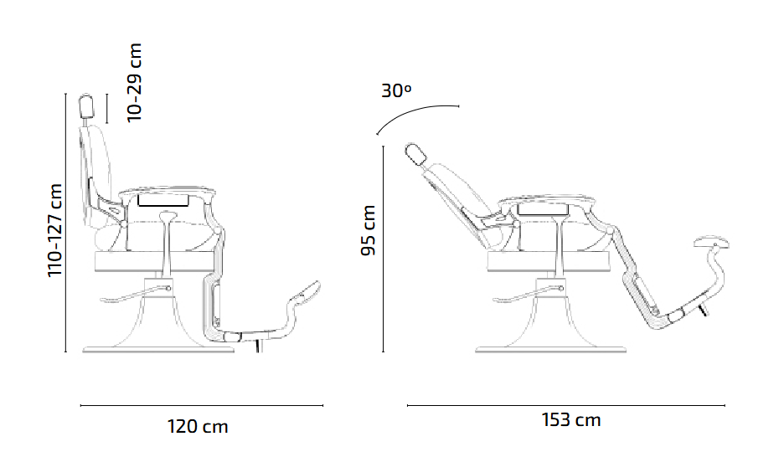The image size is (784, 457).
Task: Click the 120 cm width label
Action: click(198, 427)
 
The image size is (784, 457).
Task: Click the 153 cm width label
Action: click(570, 419)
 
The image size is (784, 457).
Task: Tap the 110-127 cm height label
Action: click(55, 230)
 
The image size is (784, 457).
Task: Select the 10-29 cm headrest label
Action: click(134, 82)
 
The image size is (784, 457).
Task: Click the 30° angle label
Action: click(396, 90)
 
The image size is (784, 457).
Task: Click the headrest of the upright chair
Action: click(85, 107)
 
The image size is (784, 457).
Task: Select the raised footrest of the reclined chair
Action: click(714, 243)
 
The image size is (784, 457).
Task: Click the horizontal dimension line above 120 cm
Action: click(201, 405)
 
